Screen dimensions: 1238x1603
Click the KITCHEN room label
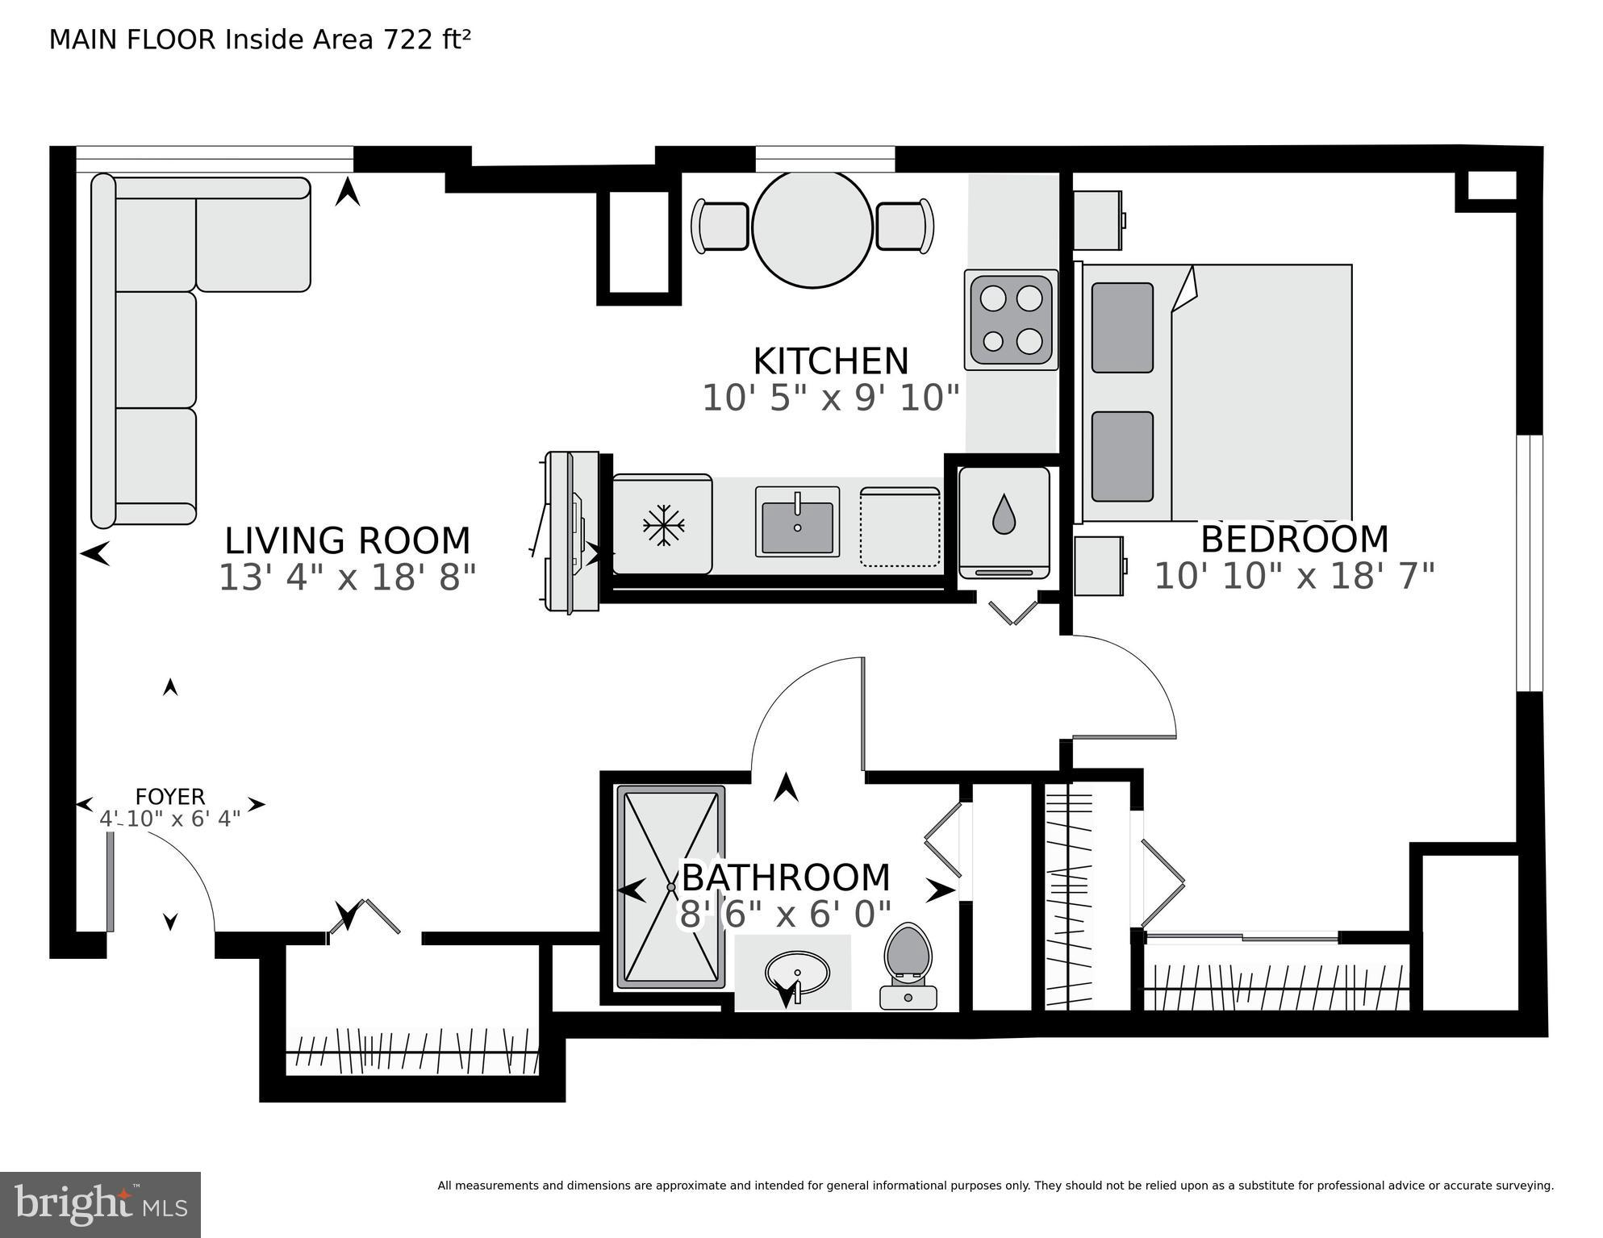pyautogui.click(x=830, y=361)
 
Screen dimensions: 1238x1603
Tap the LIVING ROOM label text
pyautogui.click(x=347, y=540)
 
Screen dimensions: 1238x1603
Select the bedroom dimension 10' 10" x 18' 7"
pyautogui.click(x=1294, y=577)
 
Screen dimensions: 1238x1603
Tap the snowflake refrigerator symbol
pyautogui.click(x=663, y=525)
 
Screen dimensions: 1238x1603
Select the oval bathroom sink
pyautogui.click(x=796, y=973)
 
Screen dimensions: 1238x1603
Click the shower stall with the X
pyautogui.click(x=670, y=886)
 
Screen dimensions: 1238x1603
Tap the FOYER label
pyautogui.click(x=169, y=797)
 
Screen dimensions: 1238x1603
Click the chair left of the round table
pyautogui.click(x=720, y=227)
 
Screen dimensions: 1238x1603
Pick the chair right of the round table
pyautogui.click(x=904, y=227)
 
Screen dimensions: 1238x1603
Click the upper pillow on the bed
pyautogui.click(x=1121, y=327)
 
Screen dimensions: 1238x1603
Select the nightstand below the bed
pyautogui.click(x=1099, y=566)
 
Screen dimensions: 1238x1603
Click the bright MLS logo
pyautogui.click(x=100, y=1204)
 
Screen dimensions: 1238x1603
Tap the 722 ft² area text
pyautogui.click(x=427, y=40)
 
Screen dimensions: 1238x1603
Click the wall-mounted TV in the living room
pyautogui.click(x=573, y=531)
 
